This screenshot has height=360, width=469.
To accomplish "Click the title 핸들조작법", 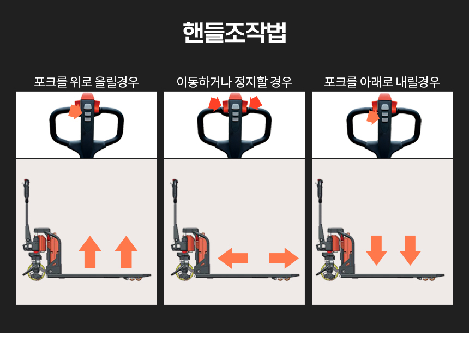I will pyautogui.click(x=234, y=33).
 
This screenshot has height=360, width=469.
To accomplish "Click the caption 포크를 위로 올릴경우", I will pyautogui.click(x=87, y=82).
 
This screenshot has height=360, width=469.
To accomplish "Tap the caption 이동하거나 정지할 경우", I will pyautogui.click(x=234, y=82).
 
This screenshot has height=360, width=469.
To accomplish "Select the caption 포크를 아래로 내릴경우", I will pyautogui.click(x=382, y=82).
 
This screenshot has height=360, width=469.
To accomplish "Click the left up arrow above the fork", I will pyautogui.click(x=90, y=252).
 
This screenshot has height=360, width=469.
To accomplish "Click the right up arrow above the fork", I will pyautogui.click(x=126, y=252).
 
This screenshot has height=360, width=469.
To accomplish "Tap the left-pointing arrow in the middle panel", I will pyautogui.click(x=232, y=257).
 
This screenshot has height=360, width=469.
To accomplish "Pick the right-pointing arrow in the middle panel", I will pyautogui.click(x=284, y=257).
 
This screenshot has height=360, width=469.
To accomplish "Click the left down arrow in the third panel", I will pyautogui.click(x=376, y=250).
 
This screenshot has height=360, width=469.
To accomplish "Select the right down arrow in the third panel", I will pyautogui.click(x=410, y=250).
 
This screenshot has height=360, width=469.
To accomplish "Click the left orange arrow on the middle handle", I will pyautogui.click(x=215, y=104).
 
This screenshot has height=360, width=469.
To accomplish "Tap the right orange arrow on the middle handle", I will pyautogui.click(x=255, y=104).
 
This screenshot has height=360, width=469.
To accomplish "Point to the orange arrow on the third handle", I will pyautogui.click(x=373, y=116).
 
